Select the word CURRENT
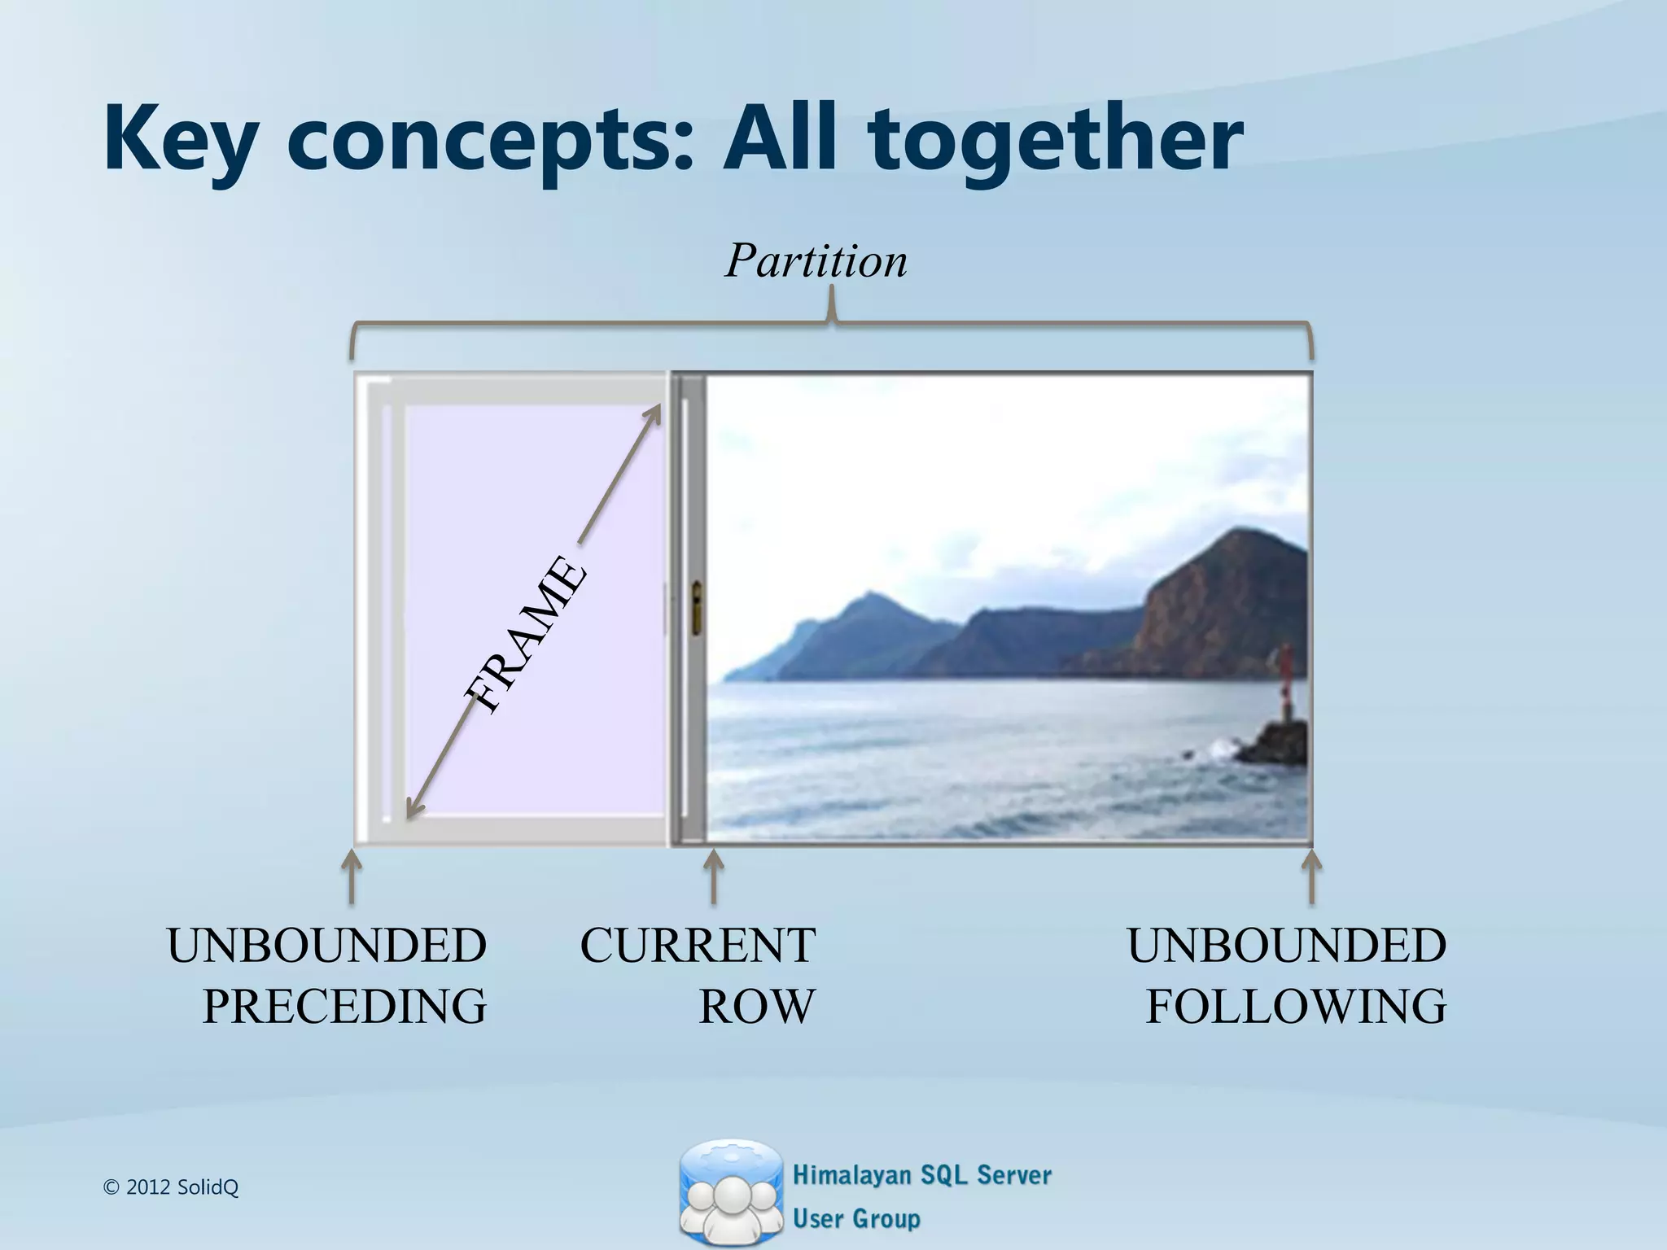pyautogui.click(x=697, y=946)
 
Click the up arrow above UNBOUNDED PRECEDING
pyautogui.click(x=351, y=876)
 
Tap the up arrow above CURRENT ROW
pyautogui.click(x=713, y=876)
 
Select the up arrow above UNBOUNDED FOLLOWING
pyautogui.click(x=1310, y=876)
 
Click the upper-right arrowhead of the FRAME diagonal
pyautogui.click(x=653, y=412)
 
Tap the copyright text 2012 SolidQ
pyautogui.click(x=172, y=1187)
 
